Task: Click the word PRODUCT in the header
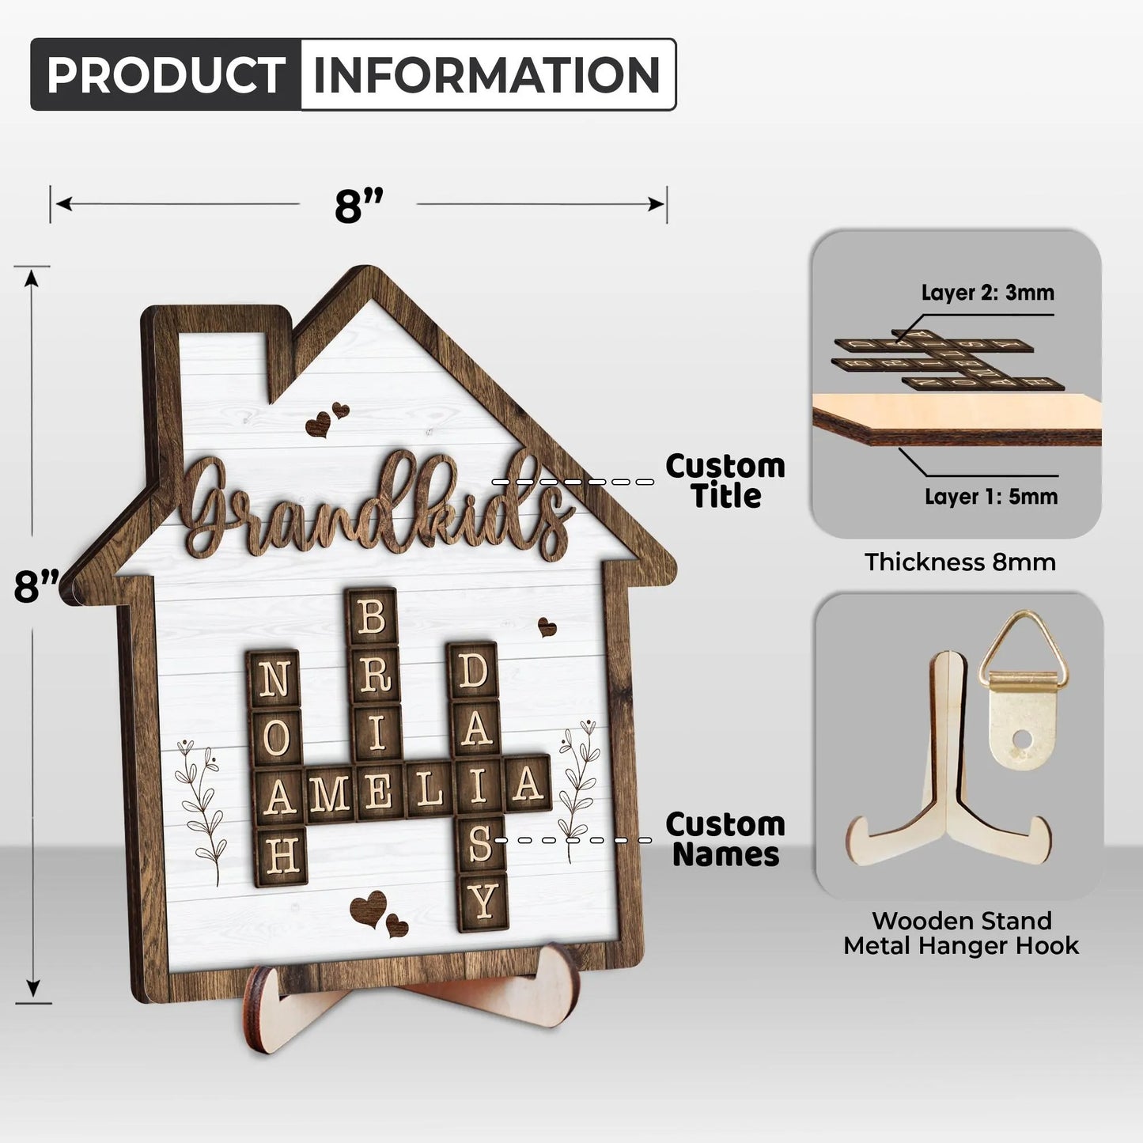[x=165, y=74]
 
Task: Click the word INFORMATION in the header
[x=487, y=74]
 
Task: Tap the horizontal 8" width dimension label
[x=358, y=205]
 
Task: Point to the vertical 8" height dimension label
[x=36, y=585]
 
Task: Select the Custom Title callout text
[x=725, y=481]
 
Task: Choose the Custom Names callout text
[x=725, y=839]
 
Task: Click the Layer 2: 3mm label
[x=988, y=293]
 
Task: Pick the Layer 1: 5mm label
[x=991, y=497]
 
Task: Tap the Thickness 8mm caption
[x=960, y=562]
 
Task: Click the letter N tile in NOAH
[x=274, y=679]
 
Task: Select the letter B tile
[x=371, y=617]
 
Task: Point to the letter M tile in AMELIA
[x=330, y=793]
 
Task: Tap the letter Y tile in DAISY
[x=483, y=902]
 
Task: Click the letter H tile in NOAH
[x=281, y=857]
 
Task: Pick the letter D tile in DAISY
[x=472, y=672]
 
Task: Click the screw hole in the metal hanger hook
[x=1022, y=740]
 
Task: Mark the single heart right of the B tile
[x=547, y=627]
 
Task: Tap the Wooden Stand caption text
[x=962, y=922]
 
